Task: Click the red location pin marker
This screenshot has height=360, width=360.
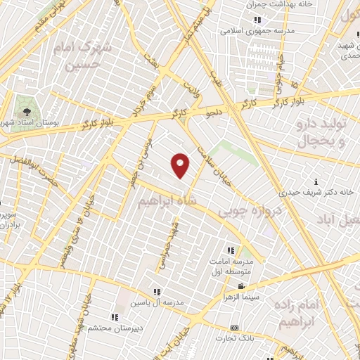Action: (181, 165)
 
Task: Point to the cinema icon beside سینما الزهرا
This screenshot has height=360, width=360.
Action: (241, 286)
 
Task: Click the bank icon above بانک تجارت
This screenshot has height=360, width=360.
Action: (234, 328)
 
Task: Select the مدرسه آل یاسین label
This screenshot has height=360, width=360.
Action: (157, 303)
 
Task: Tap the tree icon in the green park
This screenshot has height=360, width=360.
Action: (26, 110)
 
